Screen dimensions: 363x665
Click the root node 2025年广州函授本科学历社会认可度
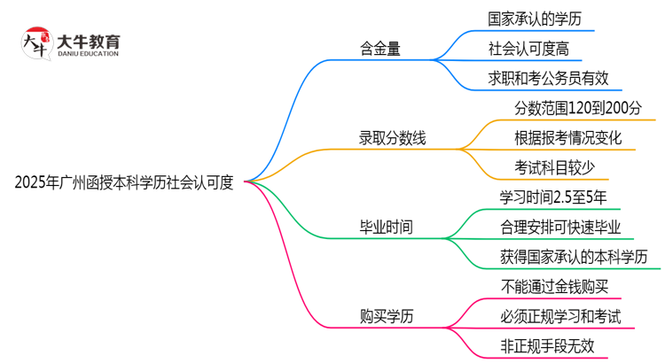pos(124,182)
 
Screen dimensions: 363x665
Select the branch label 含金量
pos(379,49)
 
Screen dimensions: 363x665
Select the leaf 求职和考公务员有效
pos(547,78)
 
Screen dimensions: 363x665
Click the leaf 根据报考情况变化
pos(568,137)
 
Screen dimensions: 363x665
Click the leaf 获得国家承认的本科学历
pos(567,257)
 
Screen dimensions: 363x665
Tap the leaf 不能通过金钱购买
pos(553,286)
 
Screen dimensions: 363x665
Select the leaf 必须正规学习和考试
pos(559,316)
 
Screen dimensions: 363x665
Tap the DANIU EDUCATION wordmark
pos(88,54)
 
